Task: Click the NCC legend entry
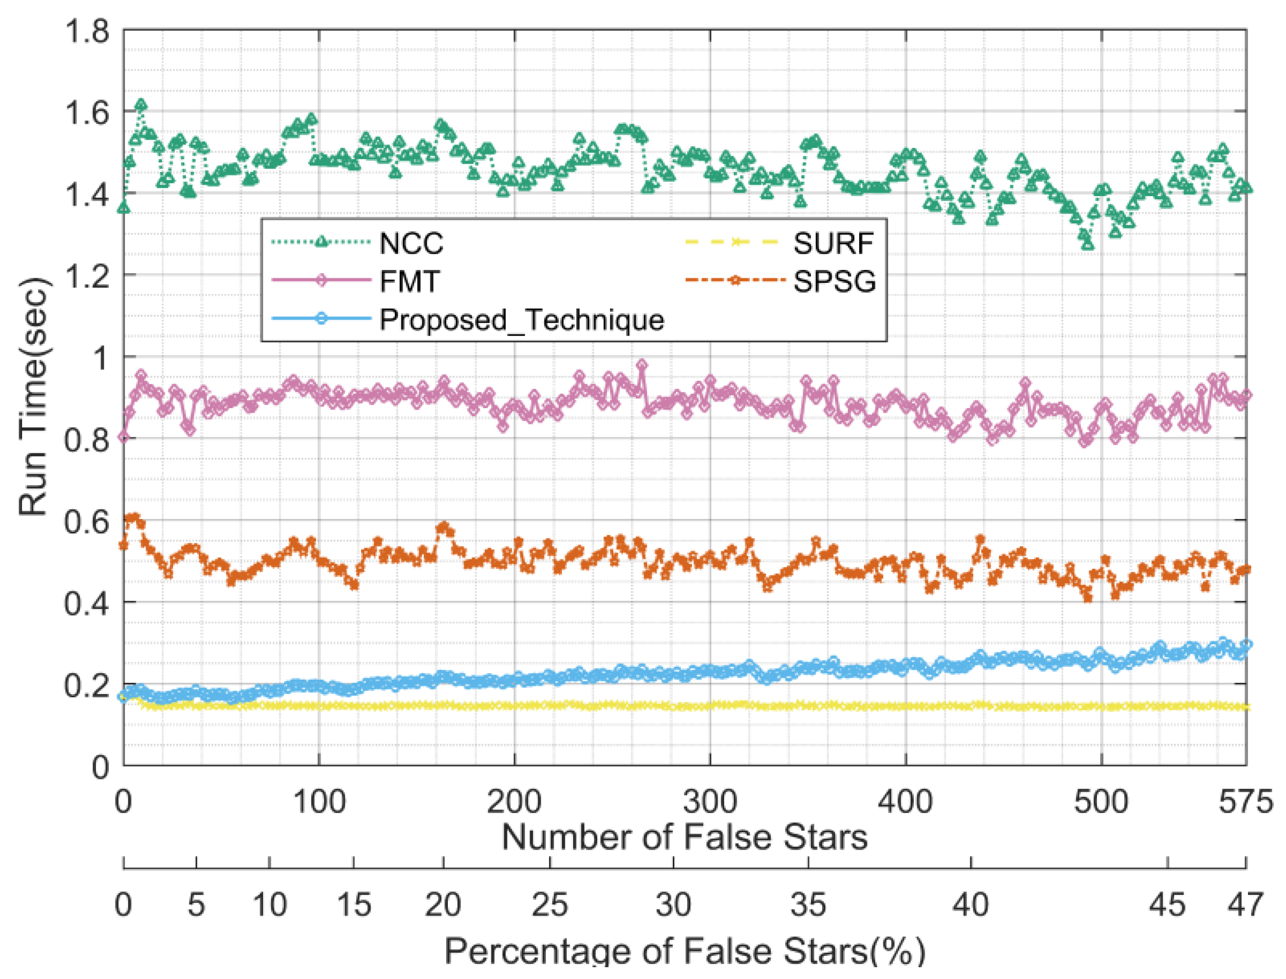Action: tap(411, 243)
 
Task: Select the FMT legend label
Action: tap(409, 281)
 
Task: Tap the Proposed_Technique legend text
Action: tap(522, 319)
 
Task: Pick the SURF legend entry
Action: tap(833, 243)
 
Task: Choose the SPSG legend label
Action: tap(834, 281)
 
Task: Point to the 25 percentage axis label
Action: tap(550, 905)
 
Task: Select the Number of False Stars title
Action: tap(685, 837)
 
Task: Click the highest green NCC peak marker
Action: tap(141, 105)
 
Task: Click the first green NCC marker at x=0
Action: tap(124, 207)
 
